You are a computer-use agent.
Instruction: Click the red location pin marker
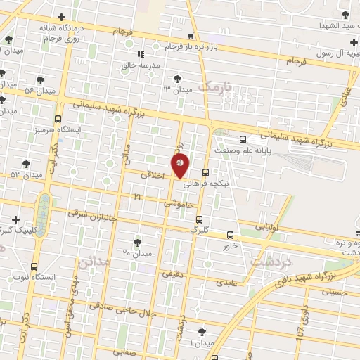(x=180, y=165)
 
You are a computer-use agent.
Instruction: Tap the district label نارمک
(x=214, y=86)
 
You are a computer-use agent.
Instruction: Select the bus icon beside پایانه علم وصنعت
(x=243, y=139)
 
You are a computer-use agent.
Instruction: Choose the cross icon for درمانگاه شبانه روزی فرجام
(x=62, y=17)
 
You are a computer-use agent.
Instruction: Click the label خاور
(x=230, y=246)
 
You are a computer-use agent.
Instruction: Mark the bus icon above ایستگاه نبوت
(x=34, y=266)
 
